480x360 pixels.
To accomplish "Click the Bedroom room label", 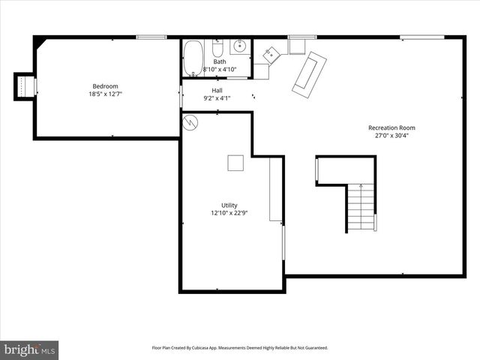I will click(105, 86).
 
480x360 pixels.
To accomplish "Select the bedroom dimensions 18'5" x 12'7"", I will click(105, 94).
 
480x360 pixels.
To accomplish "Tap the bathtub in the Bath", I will click(193, 57).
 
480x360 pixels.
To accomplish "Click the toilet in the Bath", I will click(217, 50).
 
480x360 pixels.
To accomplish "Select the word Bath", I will click(220, 61).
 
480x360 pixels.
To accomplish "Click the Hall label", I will click(217, 90).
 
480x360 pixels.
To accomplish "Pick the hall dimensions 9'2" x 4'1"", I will click(217, 98).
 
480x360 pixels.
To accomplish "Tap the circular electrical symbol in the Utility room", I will click(190, 121).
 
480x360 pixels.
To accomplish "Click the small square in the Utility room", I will click(235, 163).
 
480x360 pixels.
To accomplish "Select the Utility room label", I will click(229, 205).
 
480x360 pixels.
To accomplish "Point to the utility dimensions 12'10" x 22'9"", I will click(229, 213).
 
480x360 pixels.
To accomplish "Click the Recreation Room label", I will click(391, 127).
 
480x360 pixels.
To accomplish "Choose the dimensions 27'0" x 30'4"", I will click(391, 136).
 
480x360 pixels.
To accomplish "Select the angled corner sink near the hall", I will click(271, 53).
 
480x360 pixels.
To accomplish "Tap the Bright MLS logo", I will click(29, 349).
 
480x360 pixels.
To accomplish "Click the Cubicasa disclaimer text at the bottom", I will click(240, 348).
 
